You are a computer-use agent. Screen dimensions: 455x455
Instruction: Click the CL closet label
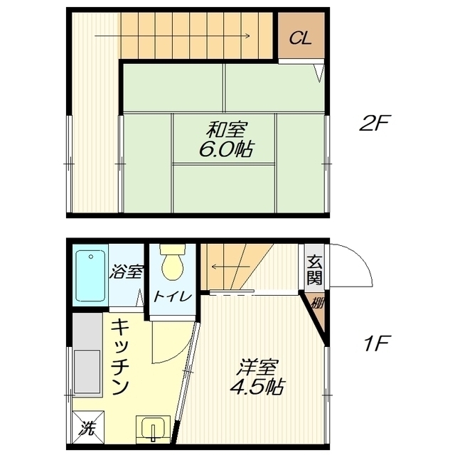click(x=300, y=38)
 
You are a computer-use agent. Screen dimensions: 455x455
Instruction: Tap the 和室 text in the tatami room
click(x=227, y=129)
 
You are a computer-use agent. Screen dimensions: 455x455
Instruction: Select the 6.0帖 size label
click(x=226, y=149)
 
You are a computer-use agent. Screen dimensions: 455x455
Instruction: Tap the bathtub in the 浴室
click(x=90, y=276)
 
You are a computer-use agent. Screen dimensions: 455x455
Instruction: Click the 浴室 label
click(x=126, y=272)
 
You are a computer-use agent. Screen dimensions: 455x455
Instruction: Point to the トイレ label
click(x=173, y=297)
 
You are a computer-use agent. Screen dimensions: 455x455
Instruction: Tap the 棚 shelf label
click(x=317, y=304)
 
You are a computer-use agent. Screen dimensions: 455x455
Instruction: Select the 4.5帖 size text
click(x=257, y=387)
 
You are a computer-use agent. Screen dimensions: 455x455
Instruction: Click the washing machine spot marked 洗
click(x=88, y=427)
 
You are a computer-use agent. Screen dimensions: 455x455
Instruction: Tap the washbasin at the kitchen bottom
click(x=154, y=429)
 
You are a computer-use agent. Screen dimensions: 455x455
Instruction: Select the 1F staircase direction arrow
click(x=230, y=267)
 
